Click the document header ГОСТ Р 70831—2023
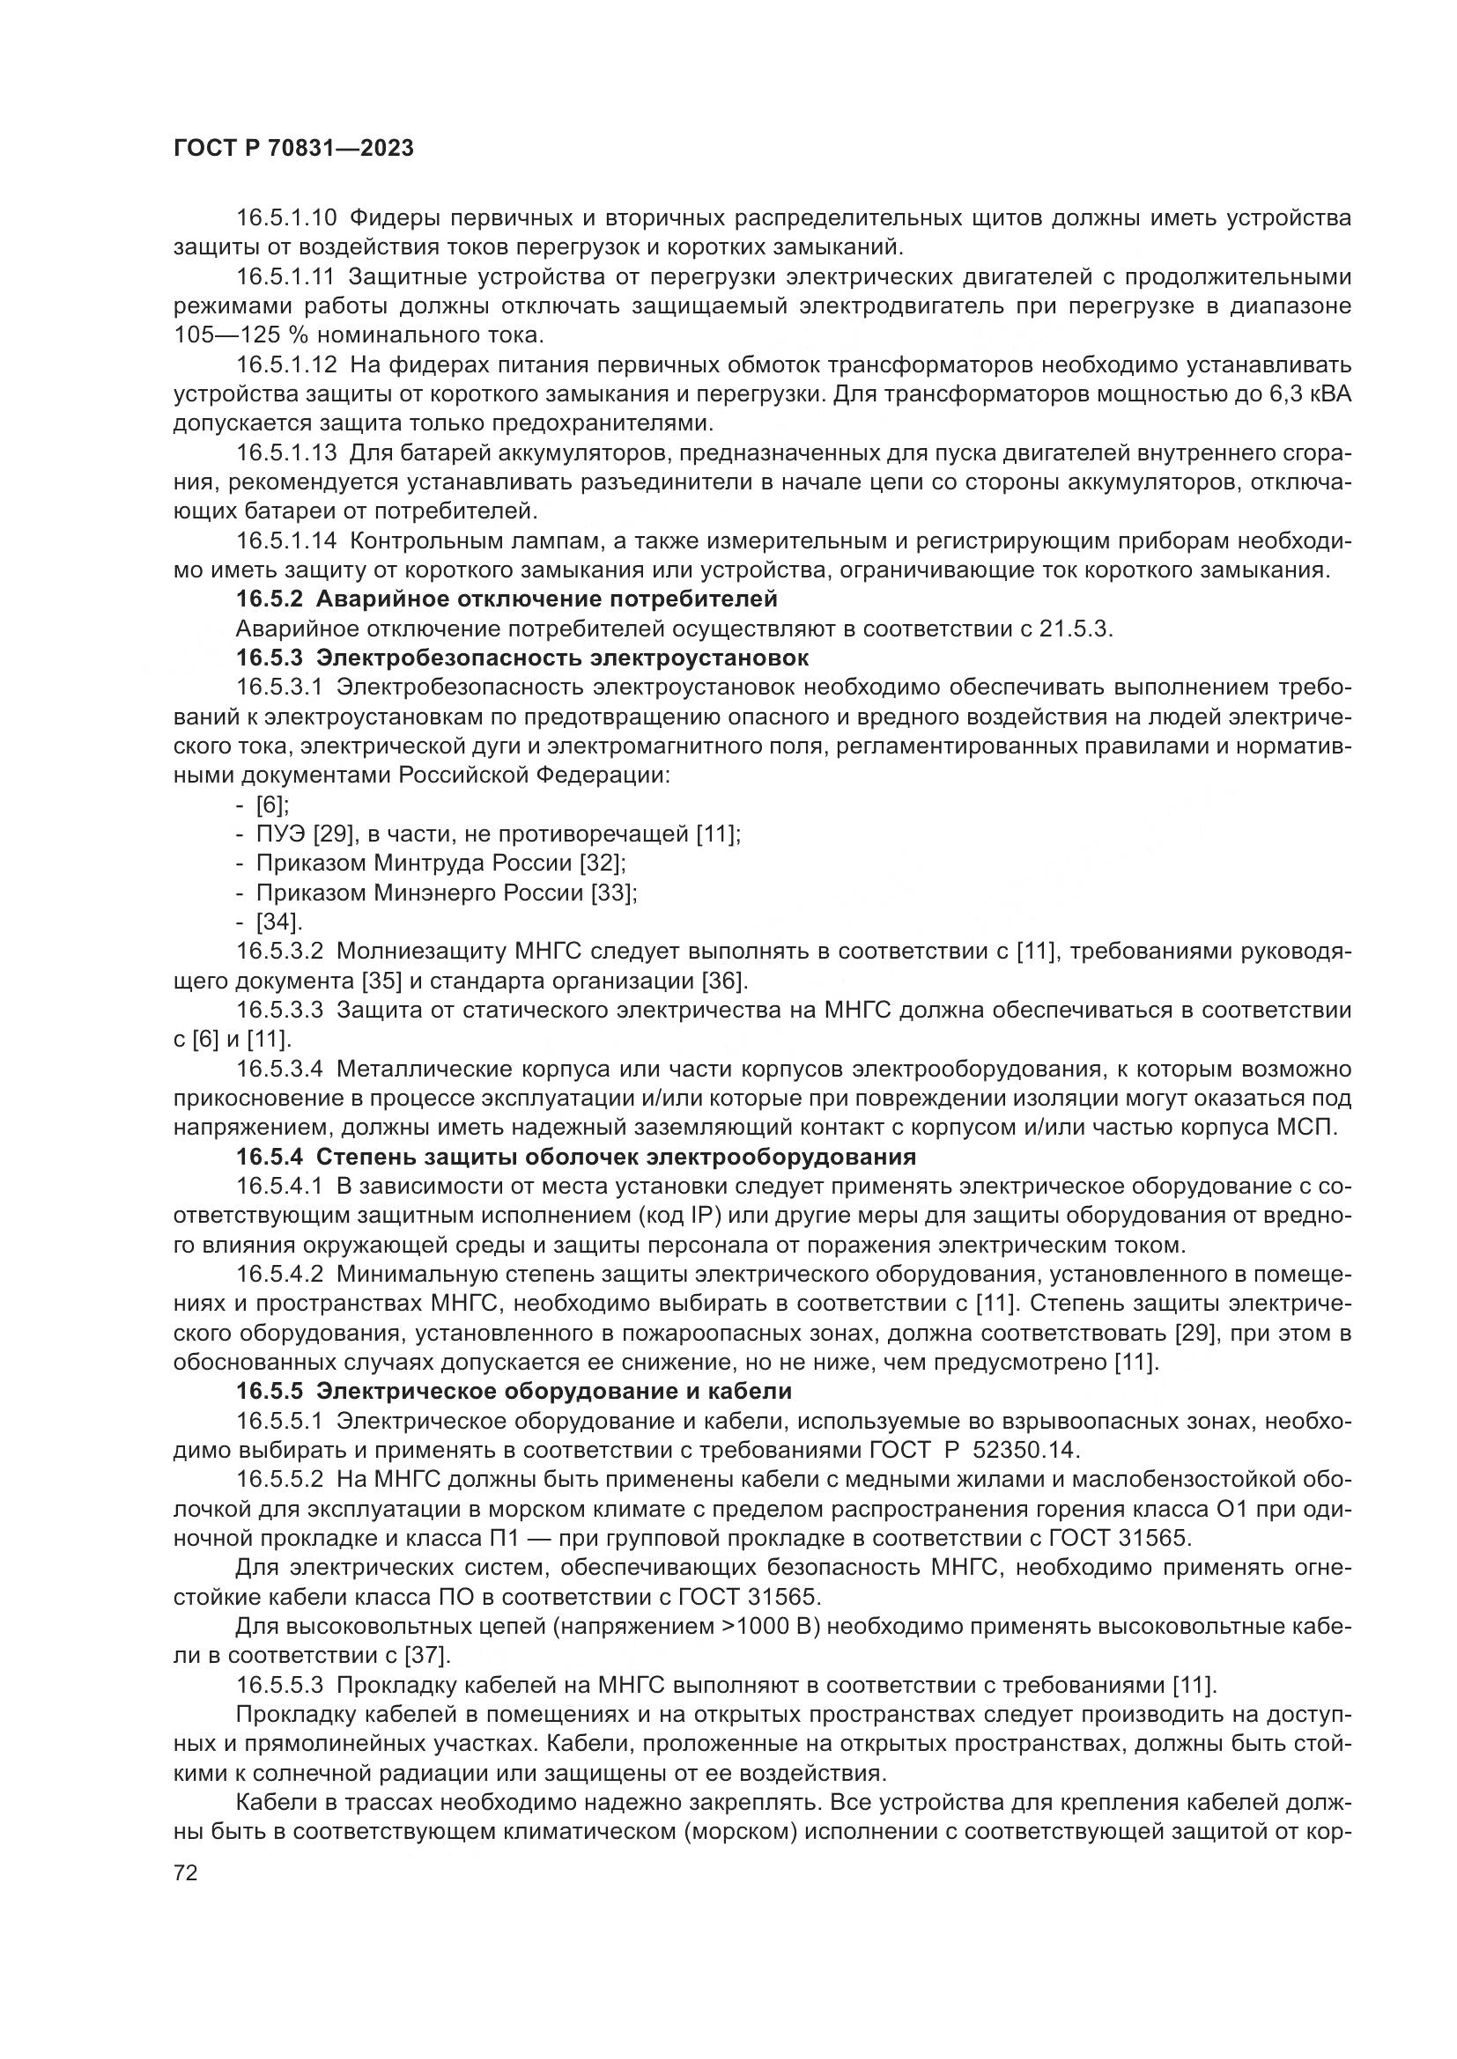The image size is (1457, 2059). pos(293,149)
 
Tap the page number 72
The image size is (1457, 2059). pos(186,1873)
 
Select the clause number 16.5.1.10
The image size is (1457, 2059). pos(286,218)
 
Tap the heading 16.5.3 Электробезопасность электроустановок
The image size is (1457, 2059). pos(522,658)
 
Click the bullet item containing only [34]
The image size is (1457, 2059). pos(279,923)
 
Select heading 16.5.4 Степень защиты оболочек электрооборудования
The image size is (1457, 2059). pos(576,1158)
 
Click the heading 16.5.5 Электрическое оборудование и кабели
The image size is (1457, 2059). pos(514,1392)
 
